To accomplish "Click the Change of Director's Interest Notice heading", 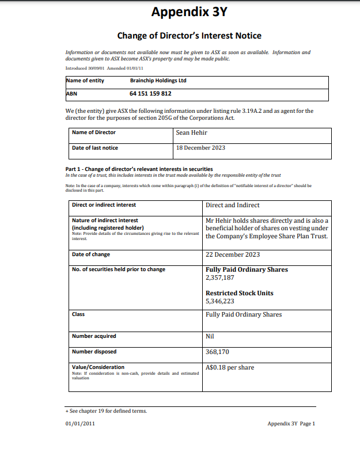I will pyautogui.click(x=189, y=36).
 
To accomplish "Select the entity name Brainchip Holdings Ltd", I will pyautogui.click(x=158, y=81).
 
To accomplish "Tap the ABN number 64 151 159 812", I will pyautogui.click(x=150, y=93).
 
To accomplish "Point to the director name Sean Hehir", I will pyautogui.click(x=191, y=132).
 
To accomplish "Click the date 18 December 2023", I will pyautogui.click(x=200, y=148).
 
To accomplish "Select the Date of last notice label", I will pyautogui.click(x=95, y=148).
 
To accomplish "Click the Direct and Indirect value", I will pyautogui.click(x=232, y=205).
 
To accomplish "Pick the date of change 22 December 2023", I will pyautogui.click(x=232, y=254).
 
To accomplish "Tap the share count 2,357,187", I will pyautogui.click(x=219, y=277).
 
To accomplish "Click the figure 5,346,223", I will pyautogui.click(x=219, y=301).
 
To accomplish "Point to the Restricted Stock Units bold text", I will pyautogui.click(x=239, y=293).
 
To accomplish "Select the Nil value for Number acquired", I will pyautogui.click(x=210, y=336).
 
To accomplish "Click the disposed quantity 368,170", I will pyautogui.click(x=217, y=352).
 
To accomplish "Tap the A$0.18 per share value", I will pyautogui.click(x=229, y=368).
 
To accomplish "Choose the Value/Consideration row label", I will pyautogui.click(x=98, y=367).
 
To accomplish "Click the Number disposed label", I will pyautogui.click(x=94, y=352).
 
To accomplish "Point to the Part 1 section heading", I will pyautogui.click(x=139, y=168).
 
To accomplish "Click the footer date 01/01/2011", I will pyautogui.click(x=79, y=424).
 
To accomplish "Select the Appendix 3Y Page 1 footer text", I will pyautogui.click(x=291, y=424).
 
